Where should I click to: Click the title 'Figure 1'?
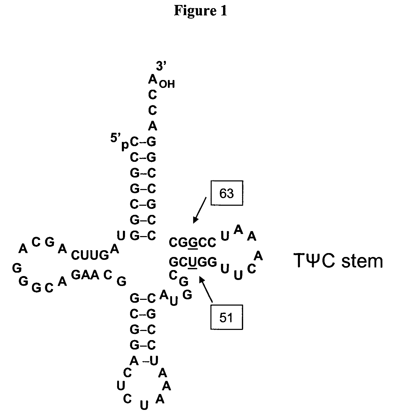click(x=201, y=11)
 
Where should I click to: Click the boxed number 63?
click(x=226, y=194)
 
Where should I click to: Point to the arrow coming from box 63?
click(x=200, y=210)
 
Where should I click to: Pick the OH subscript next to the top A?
click(x=167, y=84)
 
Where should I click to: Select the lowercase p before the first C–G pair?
click(x=125, y=145)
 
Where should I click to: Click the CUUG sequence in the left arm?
click(x=90, y=255)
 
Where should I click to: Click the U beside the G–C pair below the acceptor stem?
click(x=121, y=236)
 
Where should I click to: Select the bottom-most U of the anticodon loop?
click(x=144, y=405)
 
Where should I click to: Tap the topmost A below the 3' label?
click(x=152, y=79)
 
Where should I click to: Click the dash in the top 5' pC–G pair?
click(x=143, y=142)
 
